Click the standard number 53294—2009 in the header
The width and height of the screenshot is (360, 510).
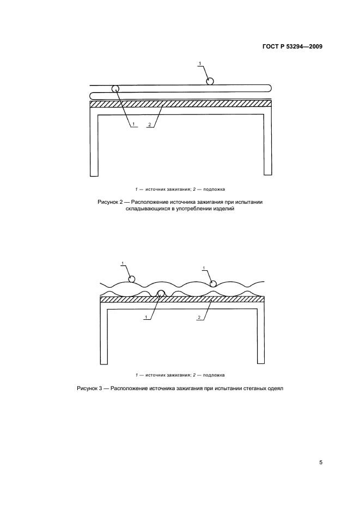click(303, 46)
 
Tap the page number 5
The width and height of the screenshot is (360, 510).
click(321, 462)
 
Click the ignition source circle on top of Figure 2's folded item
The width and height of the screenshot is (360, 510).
click(210, 81)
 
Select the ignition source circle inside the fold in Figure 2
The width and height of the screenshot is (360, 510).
click(115, 88)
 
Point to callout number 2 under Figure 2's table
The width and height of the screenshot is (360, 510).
click(150, 124)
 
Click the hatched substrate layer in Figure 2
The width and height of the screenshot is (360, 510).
click(180, 104)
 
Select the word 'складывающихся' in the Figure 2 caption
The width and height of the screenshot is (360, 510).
click(147, 209)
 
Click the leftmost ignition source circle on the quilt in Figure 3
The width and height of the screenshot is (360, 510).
click(131, 279)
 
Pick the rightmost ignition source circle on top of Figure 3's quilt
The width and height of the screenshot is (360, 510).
click(213, 283)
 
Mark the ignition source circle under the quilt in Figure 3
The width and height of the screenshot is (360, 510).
click(161, 293)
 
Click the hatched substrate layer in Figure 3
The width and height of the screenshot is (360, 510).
click(182, 299)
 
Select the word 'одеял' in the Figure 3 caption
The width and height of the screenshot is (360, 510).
click(276, 388)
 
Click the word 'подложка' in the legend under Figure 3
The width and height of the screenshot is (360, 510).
click(213, 375)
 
